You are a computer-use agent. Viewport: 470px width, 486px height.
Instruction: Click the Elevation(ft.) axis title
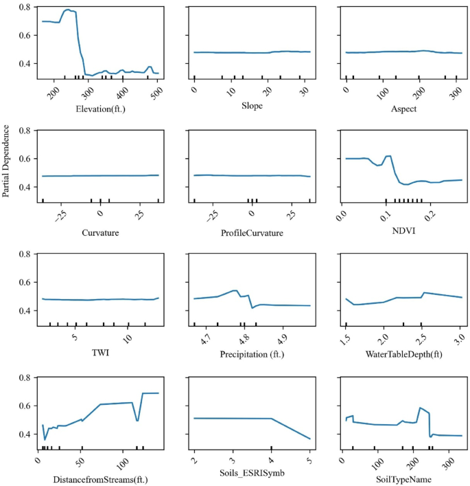click(x=101, y=109)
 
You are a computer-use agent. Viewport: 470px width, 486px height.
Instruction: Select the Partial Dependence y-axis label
click(x=5, y=161)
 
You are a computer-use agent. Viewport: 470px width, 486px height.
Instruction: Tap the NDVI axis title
click(x=403, y=230)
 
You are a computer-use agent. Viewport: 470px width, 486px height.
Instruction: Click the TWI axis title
click(x=101, y=353)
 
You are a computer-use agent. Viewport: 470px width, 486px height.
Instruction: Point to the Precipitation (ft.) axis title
click(x=252, y=354)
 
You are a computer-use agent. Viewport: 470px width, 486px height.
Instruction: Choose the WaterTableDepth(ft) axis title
click(x=403, y=354)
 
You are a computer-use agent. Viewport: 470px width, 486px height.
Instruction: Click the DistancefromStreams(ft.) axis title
click(x=101, y=480)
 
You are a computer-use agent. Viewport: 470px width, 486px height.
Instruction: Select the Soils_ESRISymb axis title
click(x=252, y=473)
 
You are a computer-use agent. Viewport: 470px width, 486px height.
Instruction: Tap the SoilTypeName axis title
click(x=403, y=480)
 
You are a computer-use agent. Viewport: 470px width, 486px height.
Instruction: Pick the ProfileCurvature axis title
click(x=252, y=233)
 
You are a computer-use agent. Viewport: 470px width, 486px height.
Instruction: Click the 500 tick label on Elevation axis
click(x=158, y=93)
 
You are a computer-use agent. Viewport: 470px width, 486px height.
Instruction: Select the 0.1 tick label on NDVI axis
click(x=386, y=216)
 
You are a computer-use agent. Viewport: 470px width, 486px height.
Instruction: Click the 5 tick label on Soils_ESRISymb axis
click(x=310, y=461)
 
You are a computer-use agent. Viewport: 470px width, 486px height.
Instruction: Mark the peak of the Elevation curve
click(x=68, y=10)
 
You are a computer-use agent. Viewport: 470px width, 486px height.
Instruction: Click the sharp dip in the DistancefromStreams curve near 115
click(x=137, y=421)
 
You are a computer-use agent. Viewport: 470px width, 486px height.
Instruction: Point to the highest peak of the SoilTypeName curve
click(x=420, y=408)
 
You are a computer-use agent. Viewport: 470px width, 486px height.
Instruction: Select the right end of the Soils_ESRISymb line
click(x=310, y=439)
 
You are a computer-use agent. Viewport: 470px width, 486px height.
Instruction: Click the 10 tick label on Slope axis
click(x=231, y=91)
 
